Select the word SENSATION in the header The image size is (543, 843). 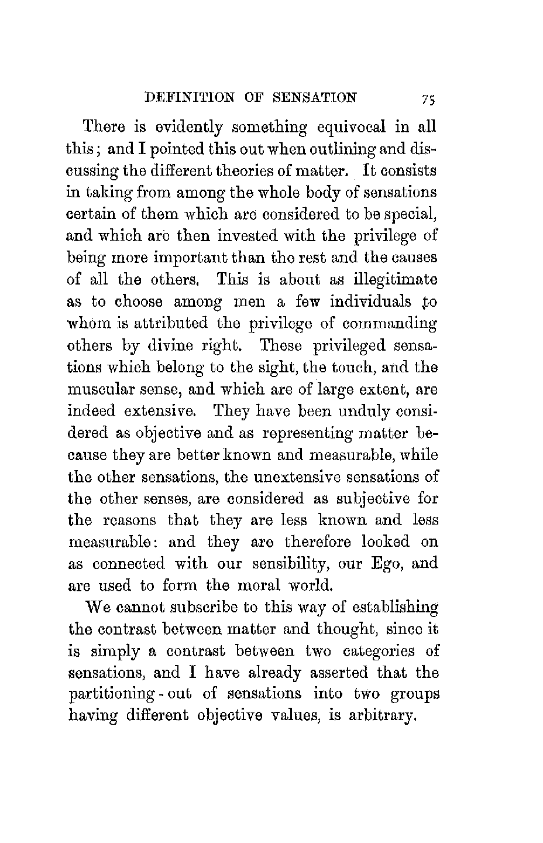[x=315, y=97]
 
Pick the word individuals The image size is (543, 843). [x=371, y=302]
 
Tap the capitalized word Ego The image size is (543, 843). [x=386, y=564]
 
